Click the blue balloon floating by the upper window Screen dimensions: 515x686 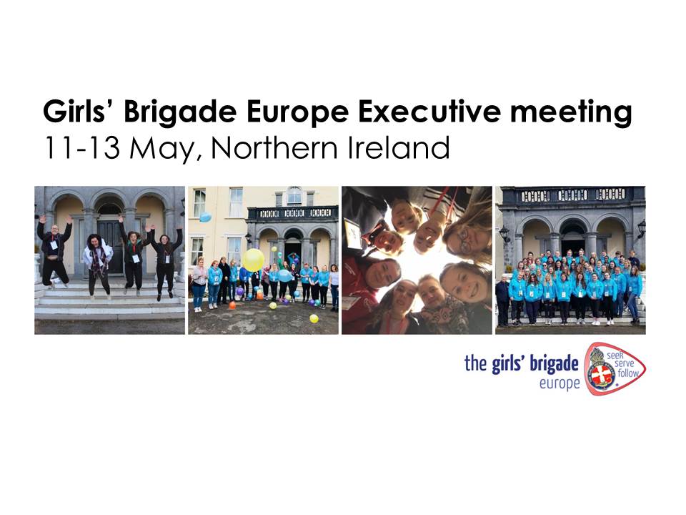(205, 216)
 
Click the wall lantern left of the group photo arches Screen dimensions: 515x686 (504, 233)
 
